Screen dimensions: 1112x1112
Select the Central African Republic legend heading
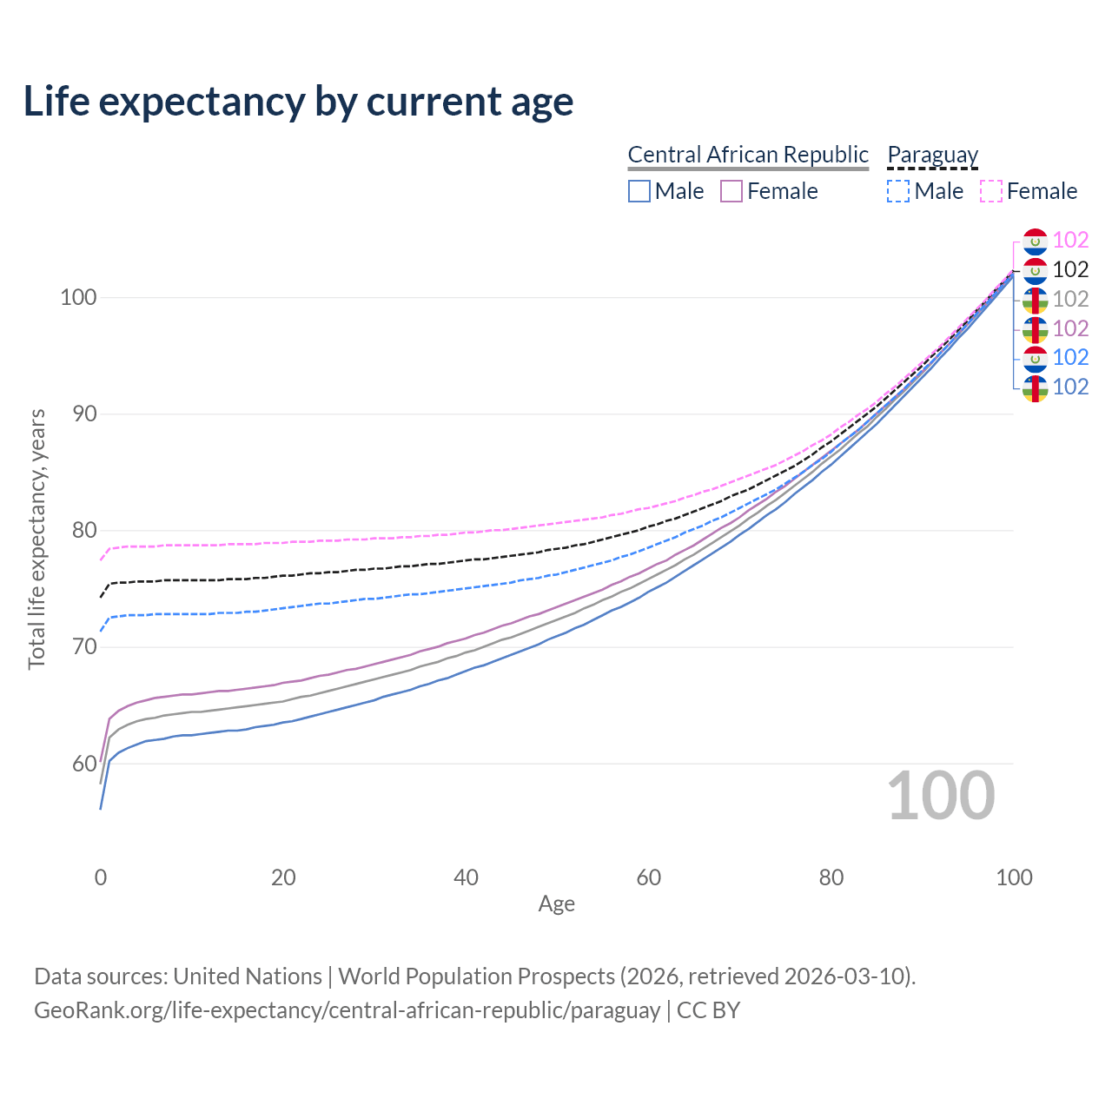click(747, 155)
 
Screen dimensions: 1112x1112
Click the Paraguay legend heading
click(932, 155)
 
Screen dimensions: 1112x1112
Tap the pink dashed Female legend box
click(991, 191)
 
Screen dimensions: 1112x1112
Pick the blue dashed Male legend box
click(898, 191)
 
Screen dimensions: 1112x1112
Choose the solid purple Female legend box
click(731, 191)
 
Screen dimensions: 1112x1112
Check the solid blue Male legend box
click(639, 191)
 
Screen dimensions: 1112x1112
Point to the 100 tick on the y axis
click(78, 297)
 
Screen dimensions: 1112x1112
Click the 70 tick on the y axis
click(83, 647)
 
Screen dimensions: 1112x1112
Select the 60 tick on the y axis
click(83, 764)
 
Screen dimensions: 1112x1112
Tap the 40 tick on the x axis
click(466, 877)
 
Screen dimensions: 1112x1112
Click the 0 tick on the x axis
click(101, 877)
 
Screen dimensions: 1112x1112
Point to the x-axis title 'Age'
click(556, 904)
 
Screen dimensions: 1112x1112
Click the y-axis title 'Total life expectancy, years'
click(36, 539)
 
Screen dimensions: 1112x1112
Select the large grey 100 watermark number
click(941, 796)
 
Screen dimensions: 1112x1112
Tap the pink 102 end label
click(1070, 240)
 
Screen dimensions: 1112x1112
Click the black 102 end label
click(1070, 269)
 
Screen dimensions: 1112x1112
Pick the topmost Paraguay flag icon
click(1035, 241)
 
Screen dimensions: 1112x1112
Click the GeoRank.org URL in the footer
click(347, 1010)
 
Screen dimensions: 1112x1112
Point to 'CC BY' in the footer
click(708, 1010)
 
